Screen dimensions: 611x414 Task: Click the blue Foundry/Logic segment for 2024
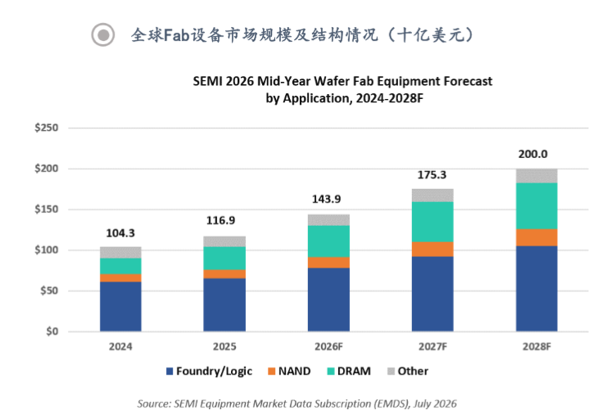pyautogui.click(x=120, y=306)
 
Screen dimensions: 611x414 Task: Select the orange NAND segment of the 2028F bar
pyautogui.click(x=536, y=237)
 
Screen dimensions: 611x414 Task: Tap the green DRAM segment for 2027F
pyautogui.click(x=432, y=222)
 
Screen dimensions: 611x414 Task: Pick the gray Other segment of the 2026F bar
pyautogui.click(x=328, y=220)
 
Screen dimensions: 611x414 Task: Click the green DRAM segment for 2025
pyautogui.click(x=224, y=258)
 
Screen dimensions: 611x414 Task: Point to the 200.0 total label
pyautogui.click(x=532, y=154)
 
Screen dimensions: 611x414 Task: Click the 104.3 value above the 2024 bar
pyautogui.click(x=120, y=233)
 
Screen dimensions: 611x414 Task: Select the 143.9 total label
pyautogui.click(x=326, y=199)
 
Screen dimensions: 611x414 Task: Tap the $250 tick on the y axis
pyautogui.click(x=47, y=128)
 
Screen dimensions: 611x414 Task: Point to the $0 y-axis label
pyautogui.click(x=52, y=331)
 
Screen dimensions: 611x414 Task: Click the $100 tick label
pyautogui.click(x=47, y=250)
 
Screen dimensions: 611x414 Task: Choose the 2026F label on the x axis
pyautogui.click(x=328, y=347)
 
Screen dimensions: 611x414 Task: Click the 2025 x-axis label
pyautogui.click(x=224, y=347)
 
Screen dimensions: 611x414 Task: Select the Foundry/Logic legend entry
pyautogui.click(x=209, y=371)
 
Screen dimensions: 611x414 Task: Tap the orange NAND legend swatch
pyautogui.click(x=272, y=371)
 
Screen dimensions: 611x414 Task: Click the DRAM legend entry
pyautogui.click(x=349, y=371)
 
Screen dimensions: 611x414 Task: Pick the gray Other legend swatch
pyautogui.click(x=391, y=371)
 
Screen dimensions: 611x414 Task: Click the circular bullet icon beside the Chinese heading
pyautogui.click(x=103, y=35)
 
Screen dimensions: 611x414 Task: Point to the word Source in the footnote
pyautogui.click(x=153, y=404)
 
